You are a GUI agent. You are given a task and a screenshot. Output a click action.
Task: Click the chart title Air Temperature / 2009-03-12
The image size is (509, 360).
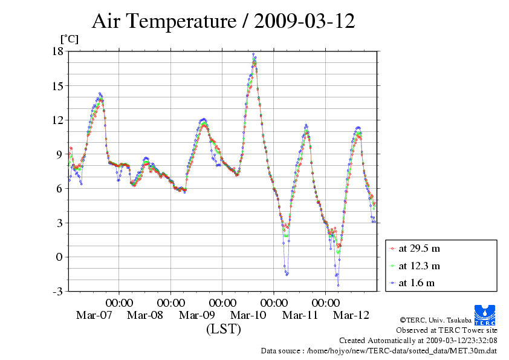(x=223, y=22)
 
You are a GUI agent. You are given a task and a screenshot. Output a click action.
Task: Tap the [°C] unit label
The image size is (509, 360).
(x=68, y=39)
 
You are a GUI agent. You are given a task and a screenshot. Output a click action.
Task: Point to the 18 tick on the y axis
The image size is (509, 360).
(x=57, y=51)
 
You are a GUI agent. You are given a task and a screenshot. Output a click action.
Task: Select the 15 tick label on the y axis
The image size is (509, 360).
(x=57, y=86)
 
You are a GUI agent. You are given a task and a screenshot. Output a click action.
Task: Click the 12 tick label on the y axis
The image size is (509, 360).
(x=57, y=120)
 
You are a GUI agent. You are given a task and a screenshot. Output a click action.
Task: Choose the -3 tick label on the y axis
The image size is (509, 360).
(x=57, y=292)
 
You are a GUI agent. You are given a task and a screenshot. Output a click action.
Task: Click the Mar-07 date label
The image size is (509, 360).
(x=94, y=315)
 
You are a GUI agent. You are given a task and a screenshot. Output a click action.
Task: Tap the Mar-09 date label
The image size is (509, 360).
(x=197, y=315)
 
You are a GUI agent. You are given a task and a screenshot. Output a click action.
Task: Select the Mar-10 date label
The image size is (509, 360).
(x=248, y=315)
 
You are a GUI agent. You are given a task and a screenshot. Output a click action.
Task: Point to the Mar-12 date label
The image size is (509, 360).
(x=352, y=315)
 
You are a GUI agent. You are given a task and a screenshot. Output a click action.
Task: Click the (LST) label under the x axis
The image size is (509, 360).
(x=223, y=329)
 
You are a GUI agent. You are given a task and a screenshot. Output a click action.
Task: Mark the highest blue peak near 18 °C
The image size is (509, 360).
(x=254, y=54)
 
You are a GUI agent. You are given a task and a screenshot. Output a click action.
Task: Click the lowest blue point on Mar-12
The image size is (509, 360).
(x=338, y=285)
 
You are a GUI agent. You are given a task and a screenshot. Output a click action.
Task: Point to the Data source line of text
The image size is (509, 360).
(x=379, y=350)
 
